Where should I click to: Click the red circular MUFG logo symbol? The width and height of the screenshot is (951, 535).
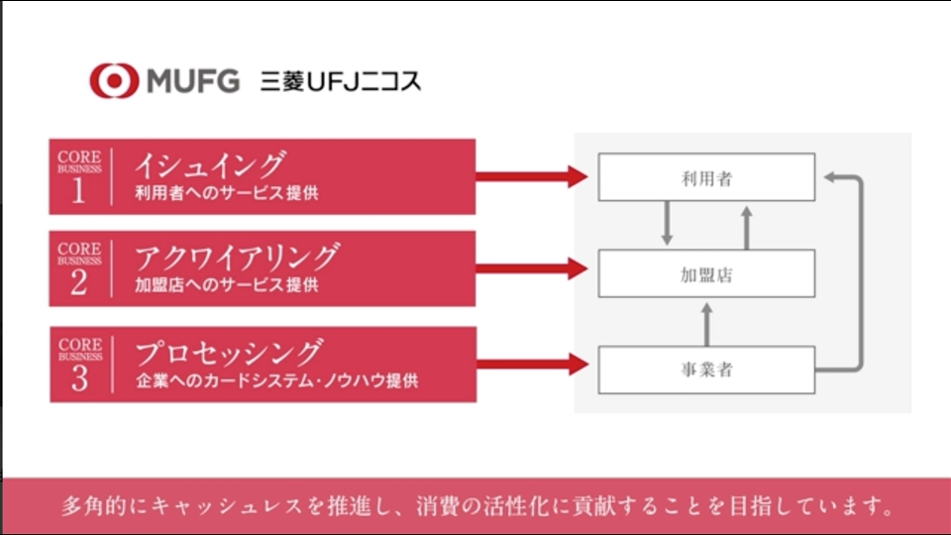(114, 80)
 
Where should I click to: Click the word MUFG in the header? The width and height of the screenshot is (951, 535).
(193, 81)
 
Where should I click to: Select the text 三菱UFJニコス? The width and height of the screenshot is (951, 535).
(340, 81)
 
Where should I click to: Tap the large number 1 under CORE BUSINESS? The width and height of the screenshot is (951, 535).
(78, 190)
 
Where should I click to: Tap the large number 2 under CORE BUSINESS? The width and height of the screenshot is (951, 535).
(79, 282)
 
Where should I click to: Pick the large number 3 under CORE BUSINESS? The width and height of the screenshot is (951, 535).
(79, 377)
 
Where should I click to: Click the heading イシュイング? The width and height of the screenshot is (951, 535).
(210, 164)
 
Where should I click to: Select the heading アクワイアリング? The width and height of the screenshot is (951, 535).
(237, 257)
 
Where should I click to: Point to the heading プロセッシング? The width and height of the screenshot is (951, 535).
(229, 353)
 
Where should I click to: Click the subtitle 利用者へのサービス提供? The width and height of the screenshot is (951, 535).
(227, 193)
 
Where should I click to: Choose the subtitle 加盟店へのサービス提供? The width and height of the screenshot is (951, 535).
(227, 284)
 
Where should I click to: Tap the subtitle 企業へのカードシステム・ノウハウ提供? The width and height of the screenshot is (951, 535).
(277, 380)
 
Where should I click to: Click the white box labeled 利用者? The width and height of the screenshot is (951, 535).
(706, 177)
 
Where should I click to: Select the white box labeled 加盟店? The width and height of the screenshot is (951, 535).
(706, 273)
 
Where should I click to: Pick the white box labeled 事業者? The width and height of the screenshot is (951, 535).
(706, 370)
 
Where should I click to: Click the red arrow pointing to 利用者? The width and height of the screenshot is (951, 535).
(532, 176)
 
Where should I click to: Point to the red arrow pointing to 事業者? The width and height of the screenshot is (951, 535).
(533, 364)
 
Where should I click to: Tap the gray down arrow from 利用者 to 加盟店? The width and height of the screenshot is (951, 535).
(667, 223)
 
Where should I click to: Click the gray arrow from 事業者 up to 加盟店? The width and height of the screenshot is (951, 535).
(706, 325)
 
